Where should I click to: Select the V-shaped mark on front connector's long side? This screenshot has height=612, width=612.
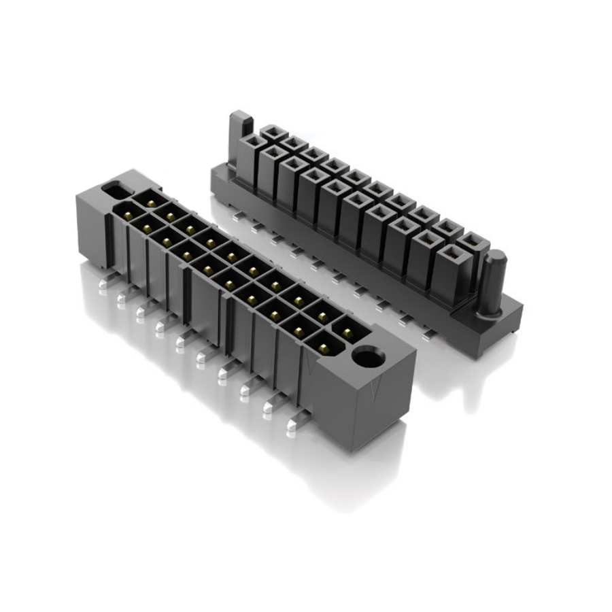(x=311, y=368)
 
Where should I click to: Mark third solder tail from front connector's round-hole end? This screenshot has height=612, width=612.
(x=246, y=390)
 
